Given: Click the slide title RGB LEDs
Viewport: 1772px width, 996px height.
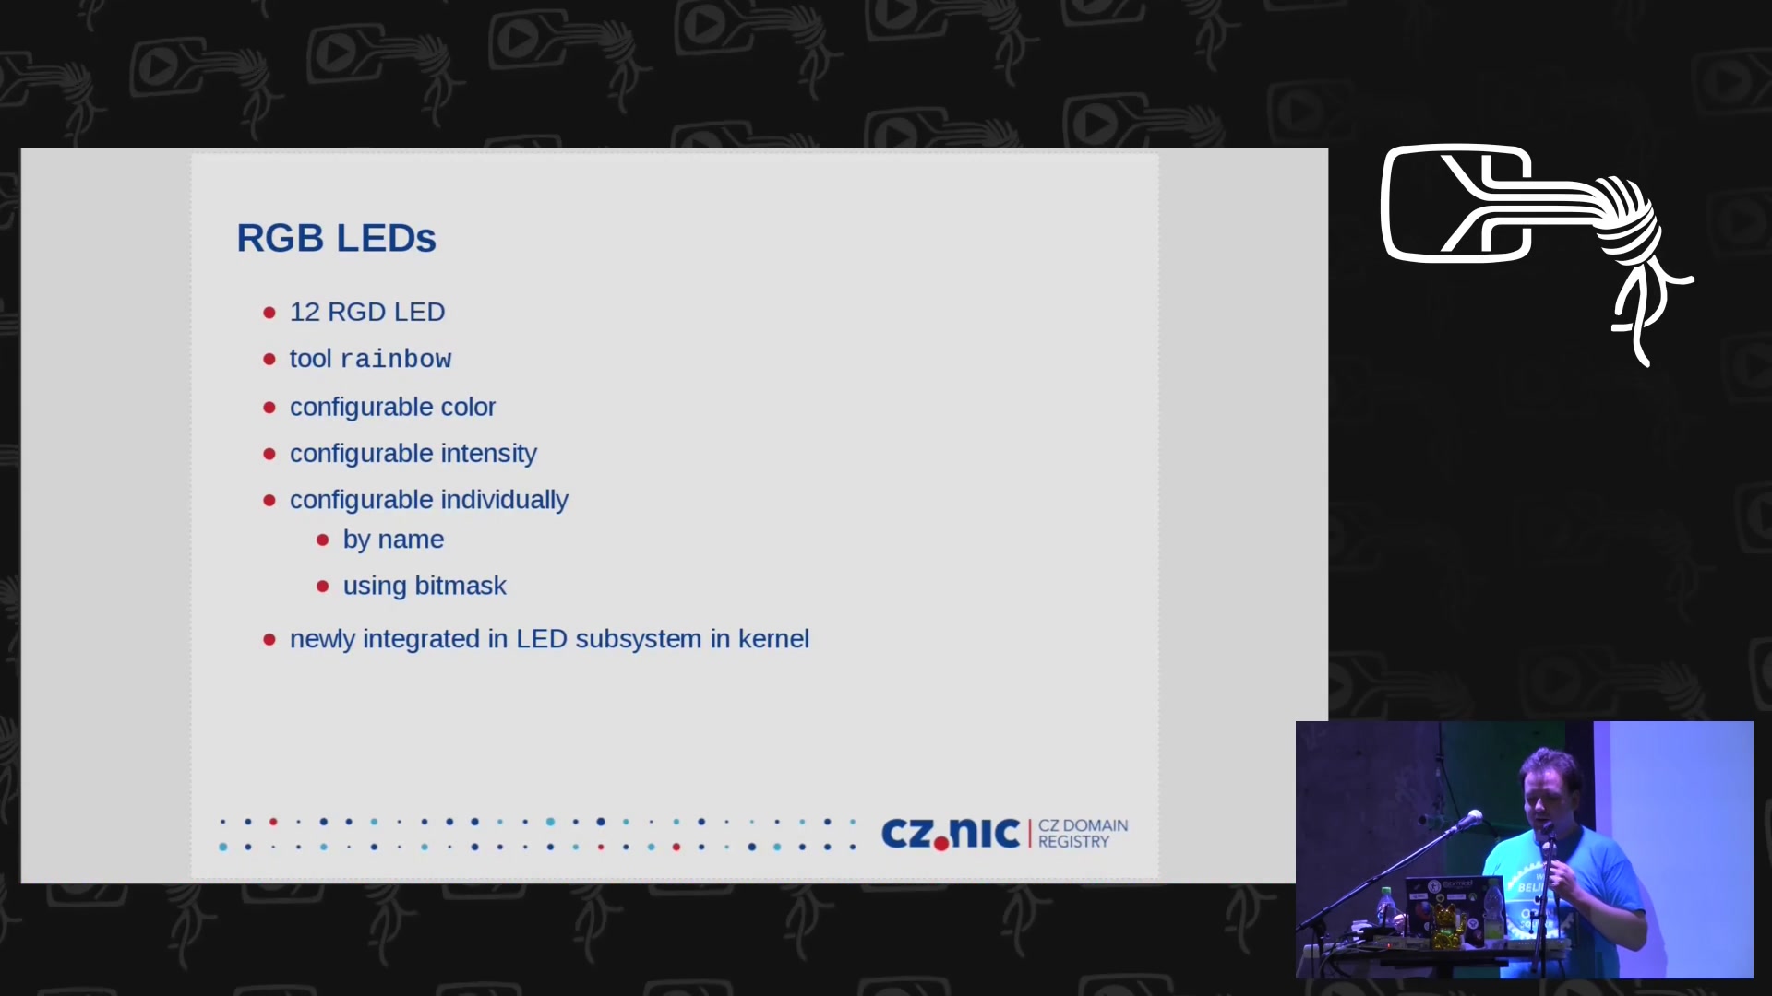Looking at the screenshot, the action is (336, 238).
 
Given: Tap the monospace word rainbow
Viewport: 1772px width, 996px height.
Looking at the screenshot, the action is (396, 359).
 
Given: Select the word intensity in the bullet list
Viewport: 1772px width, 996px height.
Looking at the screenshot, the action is (488, 454).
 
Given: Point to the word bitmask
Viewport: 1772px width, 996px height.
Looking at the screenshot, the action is (461, 586).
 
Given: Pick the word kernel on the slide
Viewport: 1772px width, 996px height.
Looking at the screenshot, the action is (773, 638).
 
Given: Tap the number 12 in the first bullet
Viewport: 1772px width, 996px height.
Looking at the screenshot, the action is (305, 312).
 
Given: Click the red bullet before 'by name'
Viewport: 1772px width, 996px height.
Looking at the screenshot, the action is (322, 539).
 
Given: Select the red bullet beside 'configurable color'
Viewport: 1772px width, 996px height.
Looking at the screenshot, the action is (269, 407).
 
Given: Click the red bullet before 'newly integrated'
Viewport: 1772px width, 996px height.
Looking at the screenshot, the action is (269, 639).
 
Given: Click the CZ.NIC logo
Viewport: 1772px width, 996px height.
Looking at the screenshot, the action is (951, 833).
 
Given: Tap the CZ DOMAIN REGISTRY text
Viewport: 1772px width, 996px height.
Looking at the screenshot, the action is (1083, 834).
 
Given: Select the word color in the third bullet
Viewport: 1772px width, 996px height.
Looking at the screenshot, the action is (468, 407).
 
